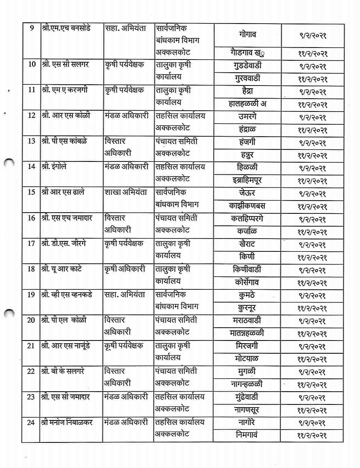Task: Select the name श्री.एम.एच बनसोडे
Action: tap(66, 28)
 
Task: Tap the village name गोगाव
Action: tap(247, 34)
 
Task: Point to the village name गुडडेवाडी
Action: tap(247, 66)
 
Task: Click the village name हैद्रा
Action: tap(247, 91)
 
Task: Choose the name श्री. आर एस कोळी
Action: tap(66, 116)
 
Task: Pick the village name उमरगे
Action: tap(247, 117)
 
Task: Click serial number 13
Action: tap(32, 141)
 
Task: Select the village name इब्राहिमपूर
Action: tap(247, 180)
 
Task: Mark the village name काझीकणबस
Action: tap(247, 206)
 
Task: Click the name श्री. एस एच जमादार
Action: tap(69, 218)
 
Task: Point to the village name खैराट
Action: tap(247, 244)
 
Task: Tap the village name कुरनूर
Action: tap(247, 308)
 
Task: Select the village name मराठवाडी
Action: tap(247, 321)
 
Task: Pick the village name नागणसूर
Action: tap(247, 410)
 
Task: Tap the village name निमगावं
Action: tap(247, 435)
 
